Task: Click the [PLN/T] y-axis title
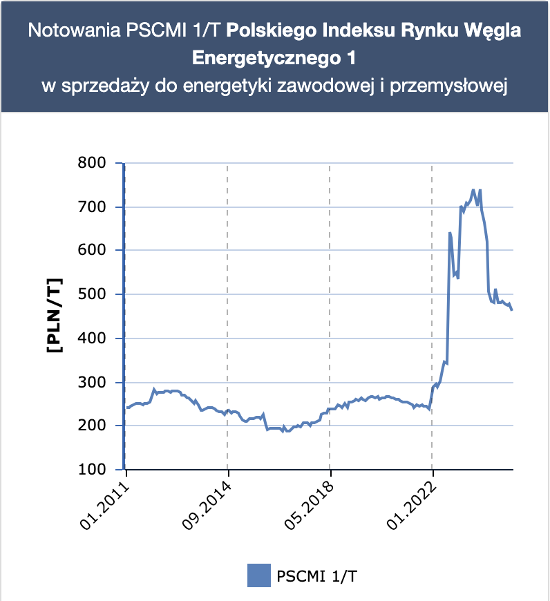point(54,316)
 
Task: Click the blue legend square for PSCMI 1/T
point(258,575)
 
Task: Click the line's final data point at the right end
point(512,310)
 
